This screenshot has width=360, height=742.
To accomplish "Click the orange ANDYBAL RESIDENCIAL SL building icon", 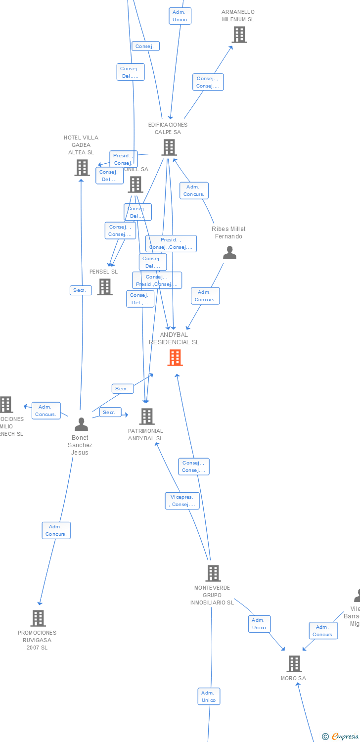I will (x=175, y=357).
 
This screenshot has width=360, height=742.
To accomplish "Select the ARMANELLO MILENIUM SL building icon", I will (x=239, y=35).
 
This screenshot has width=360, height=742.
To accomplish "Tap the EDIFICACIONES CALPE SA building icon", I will (x=169, y=147).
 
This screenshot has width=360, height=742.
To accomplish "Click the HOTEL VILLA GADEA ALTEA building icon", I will (x=82, y=168).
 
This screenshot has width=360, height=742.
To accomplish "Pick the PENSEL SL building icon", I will (x=105, y=287).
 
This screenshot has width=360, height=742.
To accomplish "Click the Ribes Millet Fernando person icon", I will (x=229, y=253).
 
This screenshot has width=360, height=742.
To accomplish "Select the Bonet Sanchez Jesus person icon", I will (x=81, y=424).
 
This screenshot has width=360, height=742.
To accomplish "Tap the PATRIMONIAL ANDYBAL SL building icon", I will (x=147, y=417).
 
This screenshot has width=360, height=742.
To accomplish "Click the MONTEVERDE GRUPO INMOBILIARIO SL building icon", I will (x=213, y=573).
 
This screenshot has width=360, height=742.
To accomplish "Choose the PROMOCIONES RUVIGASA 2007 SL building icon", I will (x=38, y=618).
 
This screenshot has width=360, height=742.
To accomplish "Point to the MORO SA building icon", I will (x=294, y=664).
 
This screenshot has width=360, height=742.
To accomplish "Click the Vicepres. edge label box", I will (x=182, y=501).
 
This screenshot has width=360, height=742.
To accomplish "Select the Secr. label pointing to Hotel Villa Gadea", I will (x=81, y=290).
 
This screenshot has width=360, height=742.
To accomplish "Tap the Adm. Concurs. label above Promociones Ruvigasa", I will (x=56, y=530).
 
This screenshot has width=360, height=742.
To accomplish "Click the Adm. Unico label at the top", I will (x=180, y=16).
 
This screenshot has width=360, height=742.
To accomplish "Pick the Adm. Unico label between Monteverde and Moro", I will (x=259, y=624).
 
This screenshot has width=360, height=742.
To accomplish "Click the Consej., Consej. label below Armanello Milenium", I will (x=208, y=82).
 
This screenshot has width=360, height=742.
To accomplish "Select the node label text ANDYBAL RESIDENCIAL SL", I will (x=174, y=338).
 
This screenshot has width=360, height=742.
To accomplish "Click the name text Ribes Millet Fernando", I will (x=228, y=232).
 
